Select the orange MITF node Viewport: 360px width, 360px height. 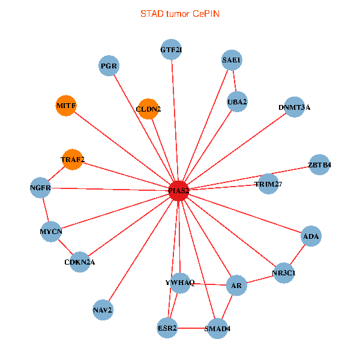click(65, 106)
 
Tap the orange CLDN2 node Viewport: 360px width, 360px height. click(148, 109)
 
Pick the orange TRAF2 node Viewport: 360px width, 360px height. click(73, 160)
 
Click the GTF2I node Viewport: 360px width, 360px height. click(171, 49)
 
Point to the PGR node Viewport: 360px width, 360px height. click(109, 65)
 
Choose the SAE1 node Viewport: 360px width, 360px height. click(232, 61)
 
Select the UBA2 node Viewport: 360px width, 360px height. click(237, 102)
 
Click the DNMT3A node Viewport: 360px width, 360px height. click(294, 107)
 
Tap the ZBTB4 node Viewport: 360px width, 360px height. click(319, 164)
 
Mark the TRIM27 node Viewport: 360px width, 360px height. click(268, 184)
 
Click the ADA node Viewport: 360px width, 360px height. click(311, 236)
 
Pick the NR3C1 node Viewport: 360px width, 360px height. click(283, 272)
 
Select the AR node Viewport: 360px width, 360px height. click(236, 286)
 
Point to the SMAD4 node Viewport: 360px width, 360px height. click(217, 328)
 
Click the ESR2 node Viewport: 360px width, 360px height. click(167, 328)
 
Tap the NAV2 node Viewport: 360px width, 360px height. click(103, 310)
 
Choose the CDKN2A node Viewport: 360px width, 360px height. click(80, 262)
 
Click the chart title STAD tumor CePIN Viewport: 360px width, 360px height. click(179, 13)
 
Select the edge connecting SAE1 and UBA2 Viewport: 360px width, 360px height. click(235, 82)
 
